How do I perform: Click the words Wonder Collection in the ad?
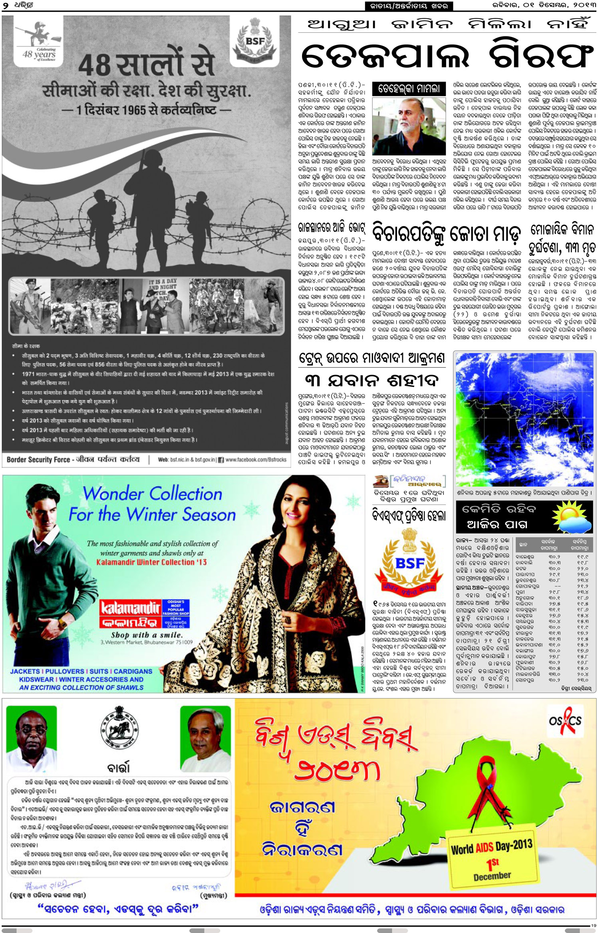(x=152, y=494)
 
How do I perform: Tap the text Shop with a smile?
(x=147, y=635)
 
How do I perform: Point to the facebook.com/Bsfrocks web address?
(x=256, y=460)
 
